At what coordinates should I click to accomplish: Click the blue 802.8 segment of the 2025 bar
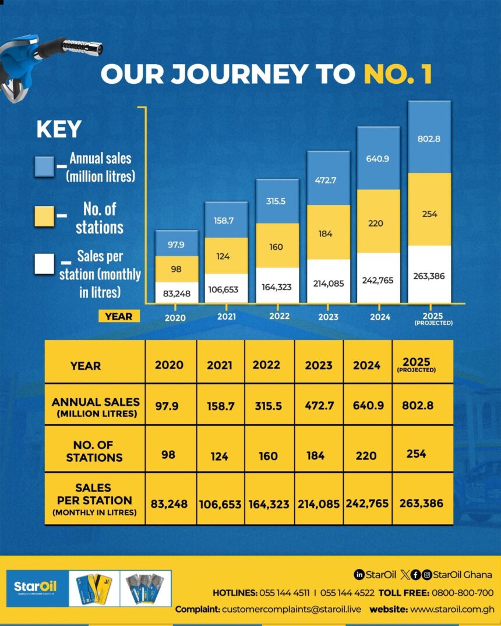429,139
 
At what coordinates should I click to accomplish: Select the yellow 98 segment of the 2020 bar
177,270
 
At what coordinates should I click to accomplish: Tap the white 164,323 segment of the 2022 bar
277,286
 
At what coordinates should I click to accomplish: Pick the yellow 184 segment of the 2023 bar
328,234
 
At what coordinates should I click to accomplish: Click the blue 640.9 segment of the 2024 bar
379,158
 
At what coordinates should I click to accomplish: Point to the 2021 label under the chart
225,317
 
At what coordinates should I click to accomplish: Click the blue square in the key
44,167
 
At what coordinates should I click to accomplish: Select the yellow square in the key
44,215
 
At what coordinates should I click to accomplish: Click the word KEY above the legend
59,130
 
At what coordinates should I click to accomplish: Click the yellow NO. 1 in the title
398,75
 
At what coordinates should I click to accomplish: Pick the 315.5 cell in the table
269,405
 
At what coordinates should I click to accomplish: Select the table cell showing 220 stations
366,455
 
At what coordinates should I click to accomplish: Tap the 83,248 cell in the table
169,504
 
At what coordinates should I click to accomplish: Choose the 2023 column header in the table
318,365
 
